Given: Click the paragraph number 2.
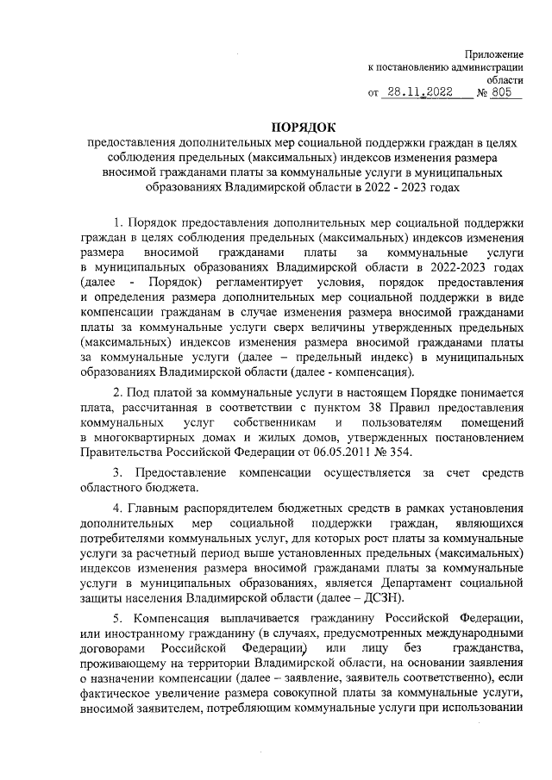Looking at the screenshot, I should pos(117,393).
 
